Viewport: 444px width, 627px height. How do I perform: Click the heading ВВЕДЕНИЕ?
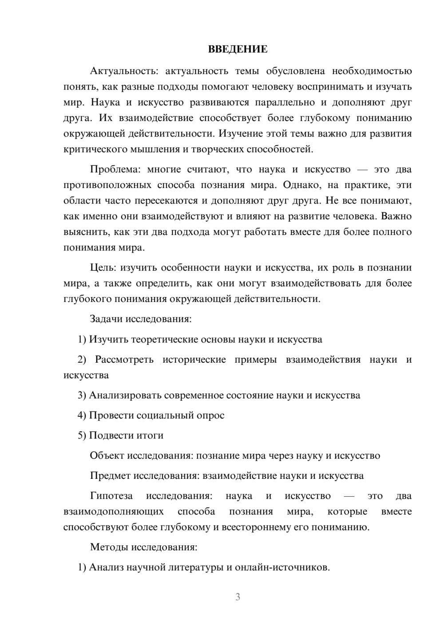(238, 49)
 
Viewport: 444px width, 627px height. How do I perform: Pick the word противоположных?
(102, 185)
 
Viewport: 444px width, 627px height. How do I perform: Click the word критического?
(91, 149)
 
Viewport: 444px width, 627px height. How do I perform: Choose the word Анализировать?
(125, 396)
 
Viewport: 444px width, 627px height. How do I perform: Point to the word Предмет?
(110, 476)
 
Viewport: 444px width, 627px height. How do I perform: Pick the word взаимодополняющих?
(113, 512)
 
